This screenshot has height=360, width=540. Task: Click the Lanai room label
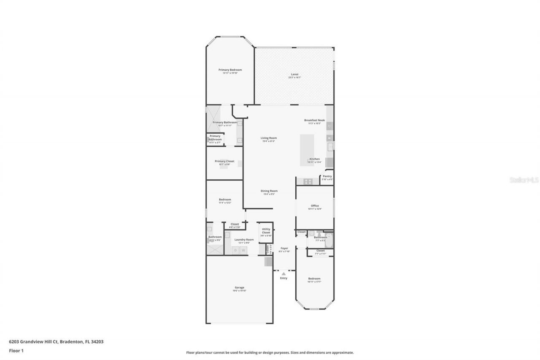tap(294, 75)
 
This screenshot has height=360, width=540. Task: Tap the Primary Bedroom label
tap(230, 70)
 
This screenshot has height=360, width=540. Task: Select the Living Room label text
tap(268, 138)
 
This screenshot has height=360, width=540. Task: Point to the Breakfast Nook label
tap(314, 121)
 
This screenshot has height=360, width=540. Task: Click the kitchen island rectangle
tap(308, 149)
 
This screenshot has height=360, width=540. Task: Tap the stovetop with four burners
tap(308, 181)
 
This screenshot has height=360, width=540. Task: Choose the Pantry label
tap(327, 177)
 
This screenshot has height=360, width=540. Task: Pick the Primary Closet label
tap(224, 162)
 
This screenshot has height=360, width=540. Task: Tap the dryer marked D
tap(235, 250)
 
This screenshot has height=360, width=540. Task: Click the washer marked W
tap(243, 250)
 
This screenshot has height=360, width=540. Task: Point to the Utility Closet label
tap(266, 231)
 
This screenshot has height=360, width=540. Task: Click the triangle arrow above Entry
tap(283, 273)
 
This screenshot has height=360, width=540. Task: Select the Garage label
tap(239, 288)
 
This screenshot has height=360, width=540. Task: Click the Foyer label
tap(284, 249)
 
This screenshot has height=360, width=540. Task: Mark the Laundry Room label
tap(244, 240)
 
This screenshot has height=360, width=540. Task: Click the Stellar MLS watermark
tap(524, 180)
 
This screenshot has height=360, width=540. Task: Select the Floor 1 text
tap(16, 350)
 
